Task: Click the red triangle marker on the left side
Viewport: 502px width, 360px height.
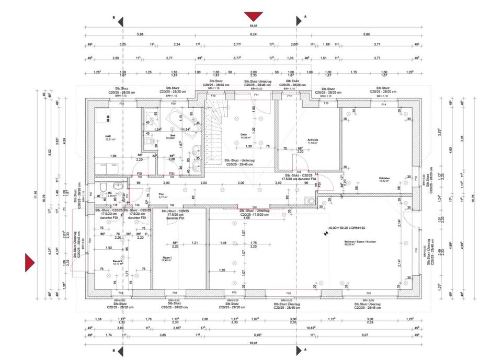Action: [x=30, y=262]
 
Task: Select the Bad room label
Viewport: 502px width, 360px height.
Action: [x=172, y=135]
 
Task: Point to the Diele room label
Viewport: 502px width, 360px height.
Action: [x=243, y=134]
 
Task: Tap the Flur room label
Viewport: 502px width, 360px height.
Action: [x=147, y=194]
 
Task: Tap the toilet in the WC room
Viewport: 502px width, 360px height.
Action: [x=104, y=189]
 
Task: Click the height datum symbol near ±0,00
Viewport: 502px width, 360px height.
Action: [x=326, y=234]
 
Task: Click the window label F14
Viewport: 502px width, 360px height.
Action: [x=383, y=104]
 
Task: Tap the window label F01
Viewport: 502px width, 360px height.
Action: [x=369, y=294]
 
